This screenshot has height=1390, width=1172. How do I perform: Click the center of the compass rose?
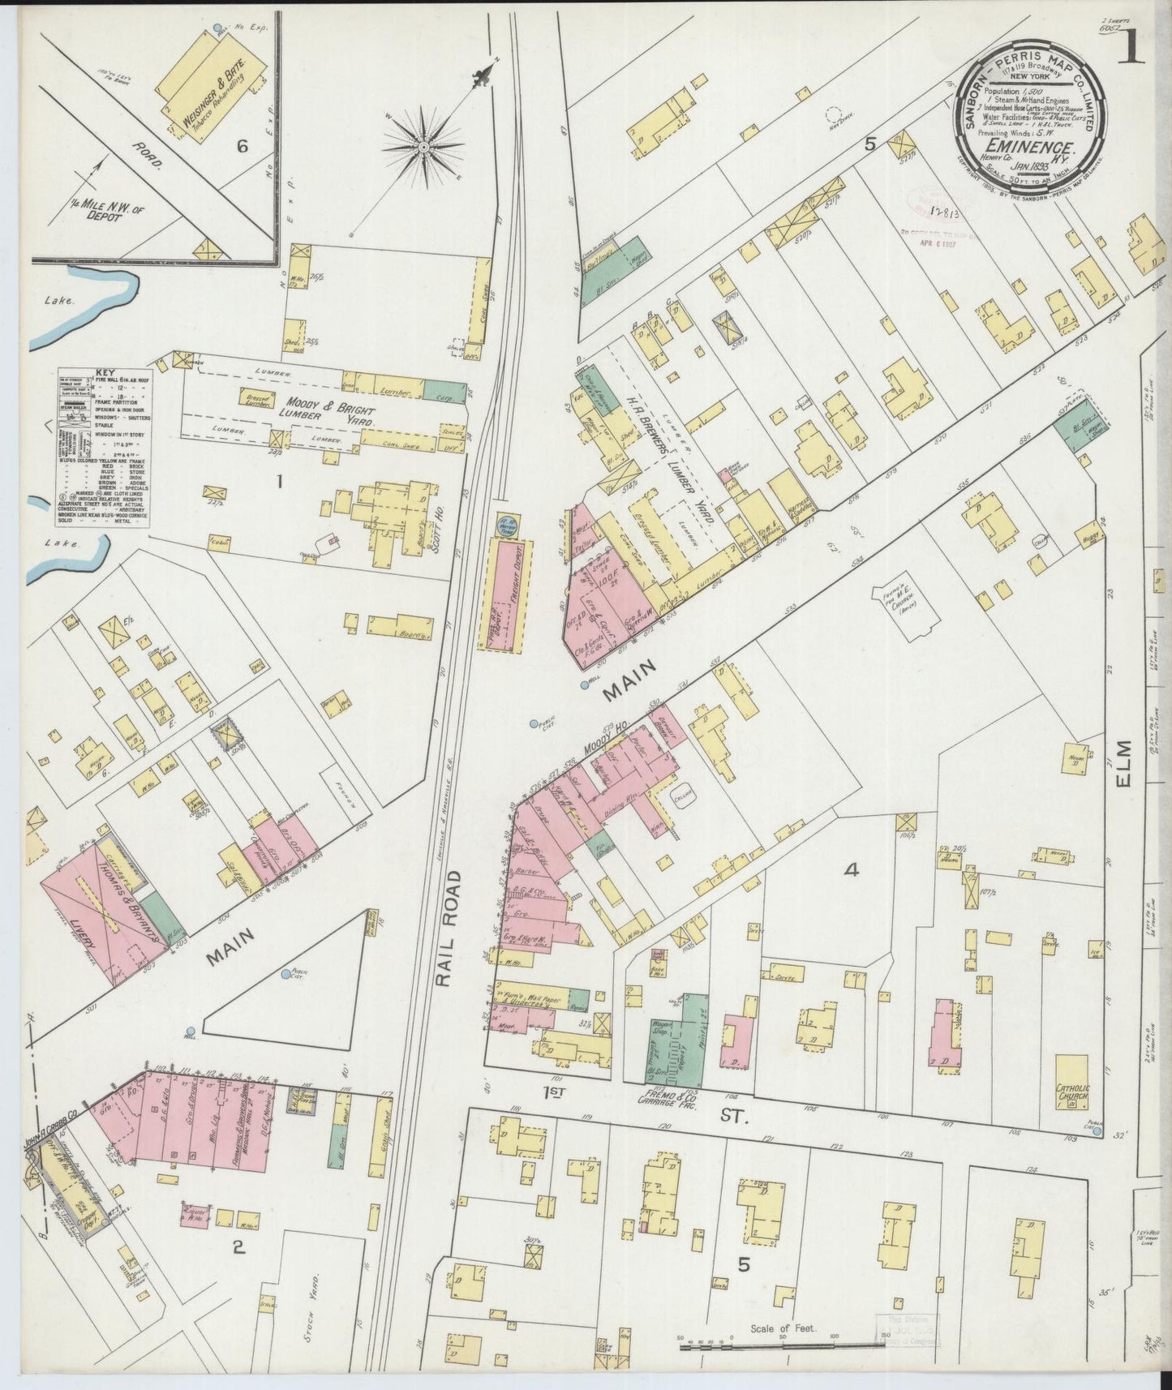click(423, 146)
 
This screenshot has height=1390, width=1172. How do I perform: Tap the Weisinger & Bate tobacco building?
click(213, 88)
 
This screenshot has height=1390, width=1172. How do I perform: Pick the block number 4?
click(851, 870)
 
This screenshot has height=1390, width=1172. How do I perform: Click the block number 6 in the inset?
click(242, 146)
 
